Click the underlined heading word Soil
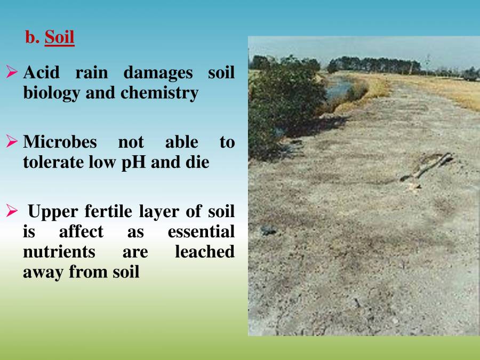tap(59, 37)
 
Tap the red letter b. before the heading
tap(33, 37)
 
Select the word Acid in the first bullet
tap(41, 73)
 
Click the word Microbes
tap(60, 142)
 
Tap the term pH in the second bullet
tap(137, 162)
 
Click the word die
tap(197, 162)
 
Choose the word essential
tap(201, 231)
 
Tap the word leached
tap(204, 252)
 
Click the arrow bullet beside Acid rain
tap(12, 73)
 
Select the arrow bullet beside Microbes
tap(12, 142)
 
